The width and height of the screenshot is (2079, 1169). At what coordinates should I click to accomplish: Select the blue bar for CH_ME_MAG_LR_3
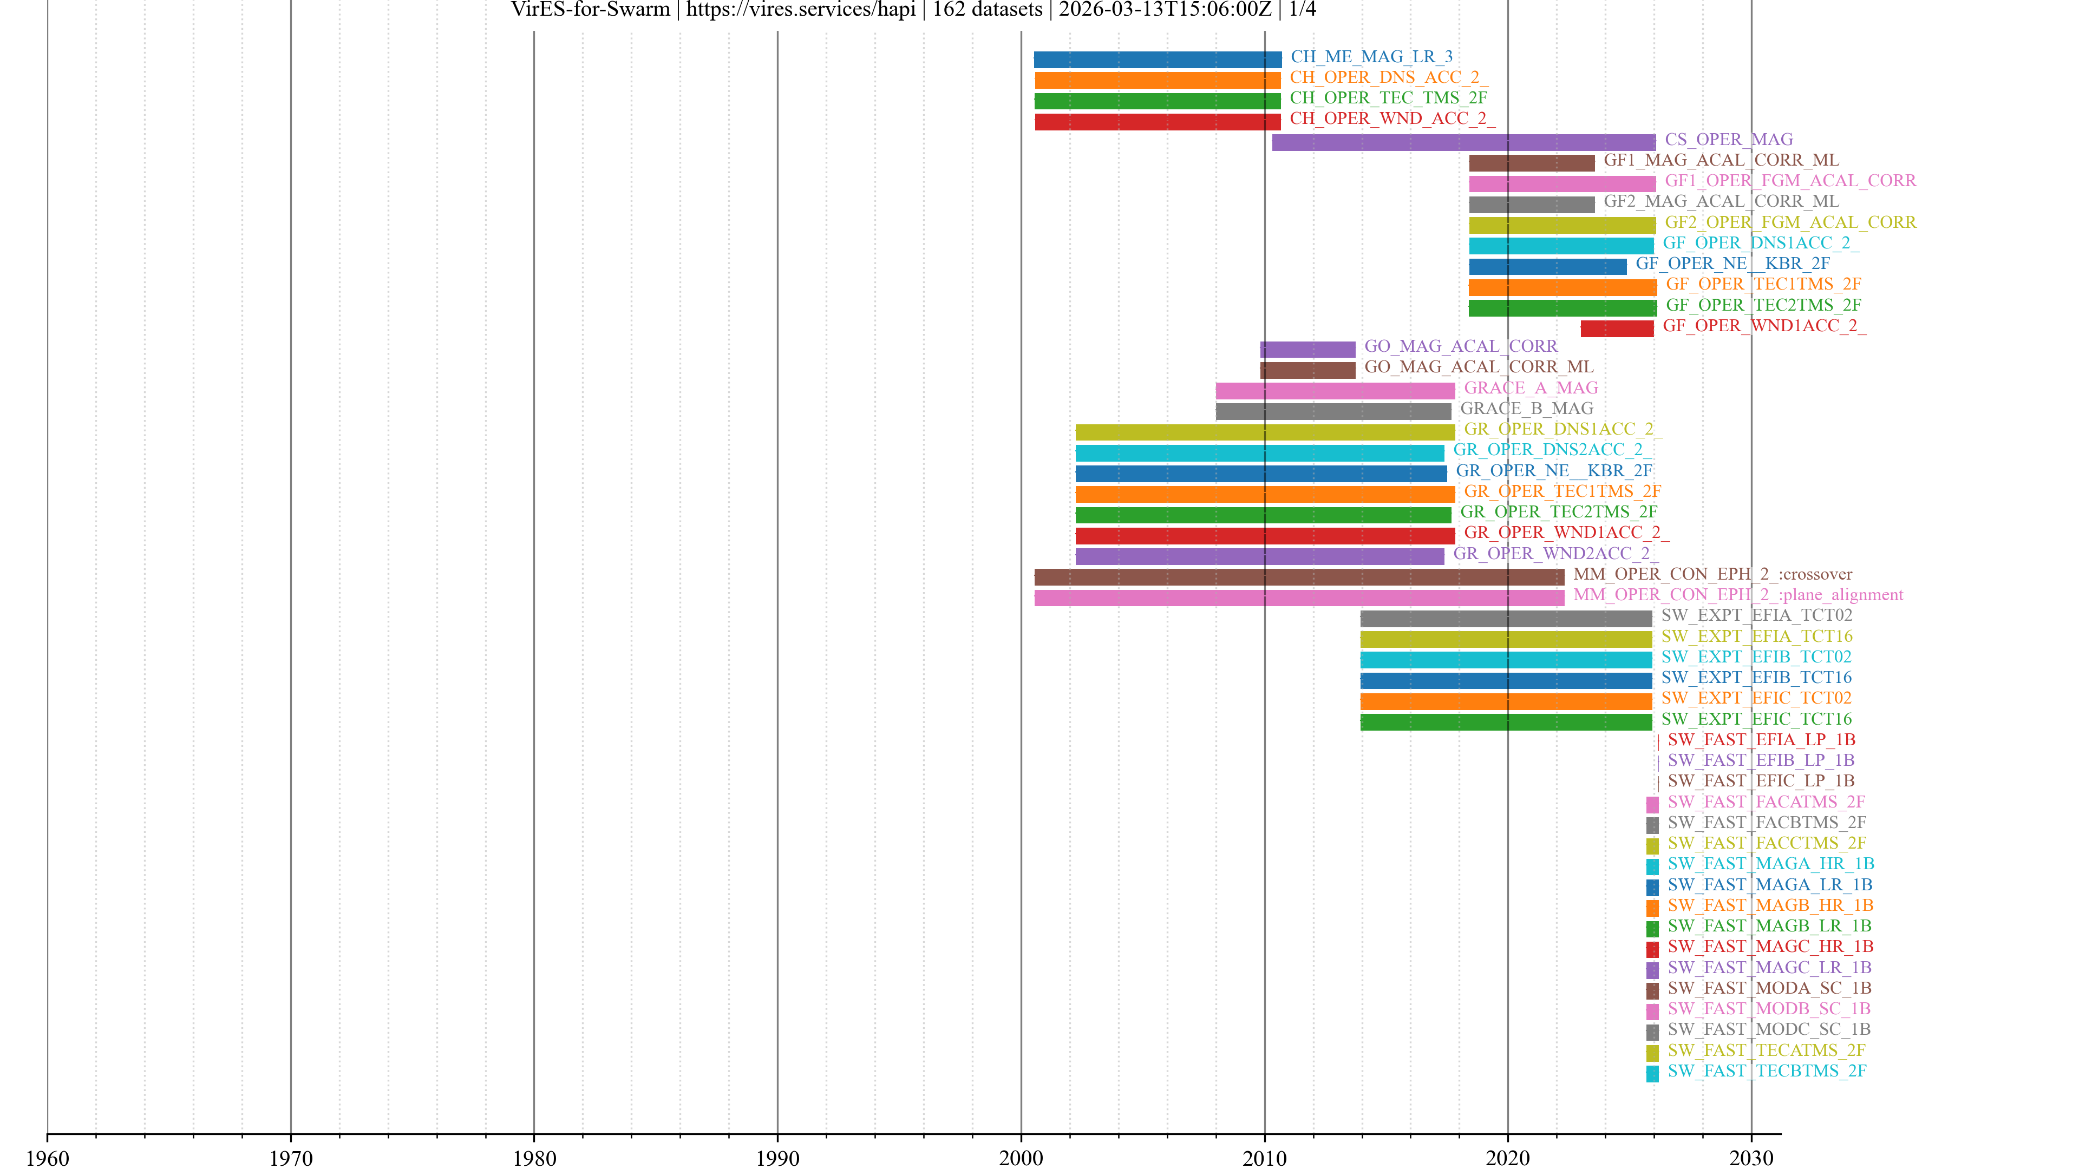[1158, 60]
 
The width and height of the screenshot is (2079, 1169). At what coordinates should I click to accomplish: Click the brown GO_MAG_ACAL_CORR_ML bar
[1307, 370]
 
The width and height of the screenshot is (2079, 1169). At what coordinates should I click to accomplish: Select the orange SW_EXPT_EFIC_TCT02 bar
[1506, 701]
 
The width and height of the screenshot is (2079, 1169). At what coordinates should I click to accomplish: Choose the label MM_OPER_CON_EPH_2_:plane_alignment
[1737, 595]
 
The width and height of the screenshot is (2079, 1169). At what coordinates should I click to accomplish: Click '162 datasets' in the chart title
[987, 10]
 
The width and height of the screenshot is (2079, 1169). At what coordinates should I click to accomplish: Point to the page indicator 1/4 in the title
[1302, 10]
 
